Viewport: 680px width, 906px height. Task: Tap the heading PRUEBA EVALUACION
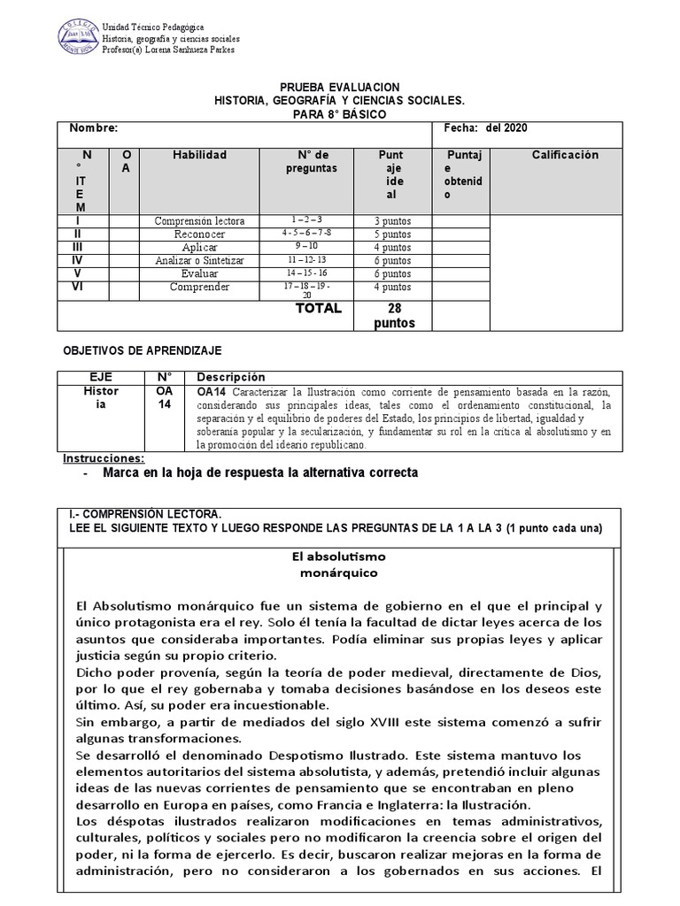coord(340,88)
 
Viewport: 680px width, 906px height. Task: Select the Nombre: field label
coord(94,128)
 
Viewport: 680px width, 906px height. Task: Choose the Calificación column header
coord(565,155)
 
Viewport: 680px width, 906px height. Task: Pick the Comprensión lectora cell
coord(199,220)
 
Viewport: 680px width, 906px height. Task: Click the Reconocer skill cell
coord(199,234)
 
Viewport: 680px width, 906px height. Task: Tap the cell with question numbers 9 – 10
coord(307,247)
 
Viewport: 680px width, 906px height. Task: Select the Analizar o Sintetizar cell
coord(199,261)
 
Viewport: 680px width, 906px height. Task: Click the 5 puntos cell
coord(390,234)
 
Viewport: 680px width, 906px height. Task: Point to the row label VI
coord(81,287)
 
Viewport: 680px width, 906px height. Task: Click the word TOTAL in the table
coord(318,309)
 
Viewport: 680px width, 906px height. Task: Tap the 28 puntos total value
coord(390,315)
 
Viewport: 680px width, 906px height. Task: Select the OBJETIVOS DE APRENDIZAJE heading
coord(141,351)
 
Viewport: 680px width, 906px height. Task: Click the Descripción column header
coord(230,377)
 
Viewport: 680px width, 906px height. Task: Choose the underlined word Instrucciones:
coord(104,458)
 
